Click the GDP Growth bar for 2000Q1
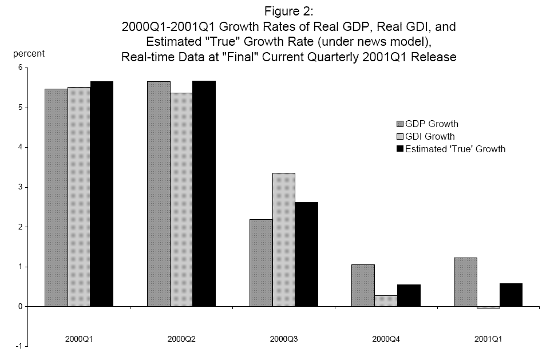click(56, 197)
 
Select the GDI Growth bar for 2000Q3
click(283, 239)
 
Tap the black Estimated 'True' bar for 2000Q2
click(204, 193)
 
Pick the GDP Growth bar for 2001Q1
click(465, 282)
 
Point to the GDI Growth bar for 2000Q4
click(386, 301)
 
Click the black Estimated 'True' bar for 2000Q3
click(306, 254)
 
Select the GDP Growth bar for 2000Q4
click(363, 285)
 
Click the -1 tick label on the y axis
click(18, 346)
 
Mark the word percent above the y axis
click(29, 54)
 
